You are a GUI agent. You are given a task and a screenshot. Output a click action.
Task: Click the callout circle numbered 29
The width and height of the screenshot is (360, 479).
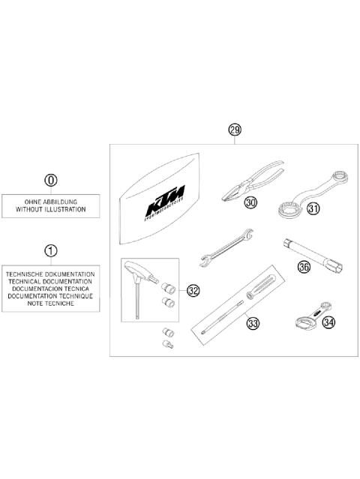pyautogui.click(x=234, y=130)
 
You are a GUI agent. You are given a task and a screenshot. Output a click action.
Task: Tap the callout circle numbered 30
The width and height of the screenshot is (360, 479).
pyautogui.click(x=250, y=202)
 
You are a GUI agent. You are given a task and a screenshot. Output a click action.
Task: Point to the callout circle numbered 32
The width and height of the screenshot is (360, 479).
pyautogui.click(x=193, y=291)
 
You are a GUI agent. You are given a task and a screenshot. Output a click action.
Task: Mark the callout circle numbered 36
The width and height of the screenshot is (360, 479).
pyautogui.click(x=304, y=265)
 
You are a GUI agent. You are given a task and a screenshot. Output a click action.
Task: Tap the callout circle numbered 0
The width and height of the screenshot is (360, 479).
pyautogui.click(x=50, y=181)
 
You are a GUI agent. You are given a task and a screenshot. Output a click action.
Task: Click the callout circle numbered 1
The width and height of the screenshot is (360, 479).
pyautogui.click(x=50, y=250)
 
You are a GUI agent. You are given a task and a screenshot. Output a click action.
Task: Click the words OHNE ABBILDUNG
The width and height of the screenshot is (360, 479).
pyautogui.click(x=50, y=202)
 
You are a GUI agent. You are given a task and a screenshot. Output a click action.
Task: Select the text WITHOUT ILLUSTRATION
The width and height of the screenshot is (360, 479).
pyautogui.click(x=50, y=211)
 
